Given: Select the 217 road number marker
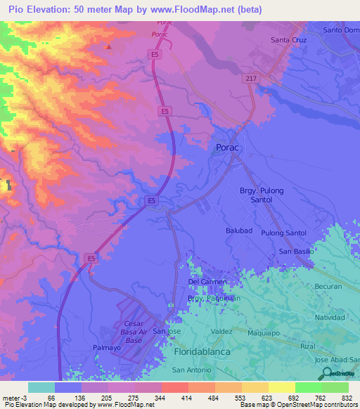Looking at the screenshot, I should [x=251, y=78].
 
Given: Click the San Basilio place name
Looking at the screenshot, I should [x=295, y=251].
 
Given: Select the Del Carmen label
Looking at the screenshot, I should [x=207, y=282].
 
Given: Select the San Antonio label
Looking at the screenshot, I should [x=191, y=370].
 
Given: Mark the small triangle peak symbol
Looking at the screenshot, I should [x=109, y=46].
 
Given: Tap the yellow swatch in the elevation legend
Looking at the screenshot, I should [x=281, y=387].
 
